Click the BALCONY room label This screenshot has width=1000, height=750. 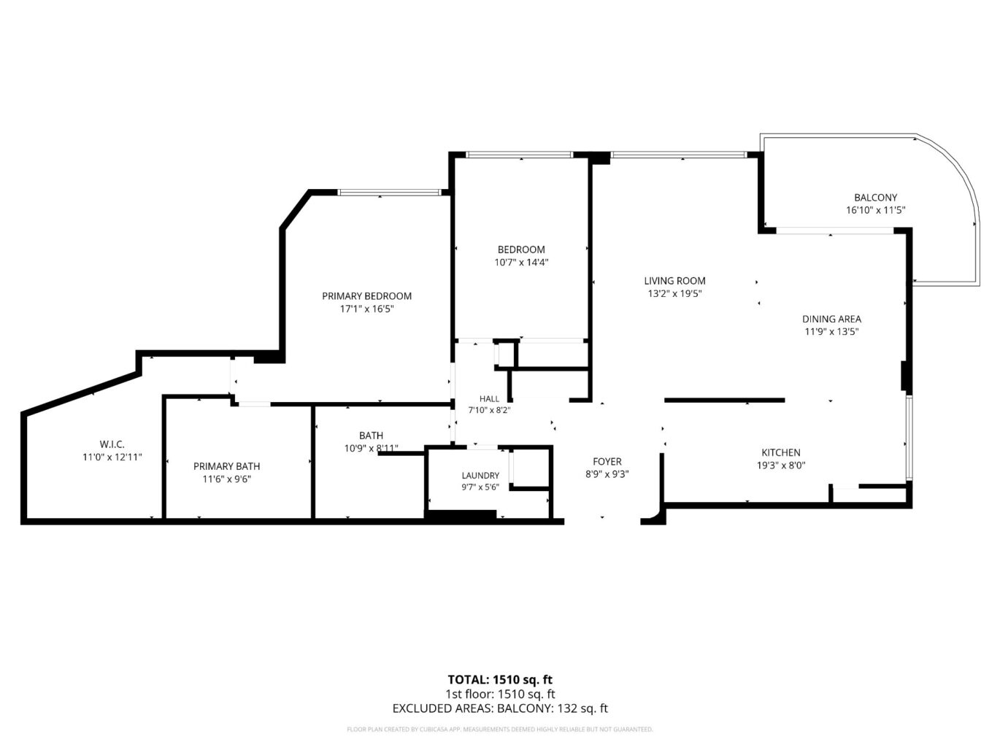(x=875, y=198)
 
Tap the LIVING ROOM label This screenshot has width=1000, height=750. (x=674, y=281)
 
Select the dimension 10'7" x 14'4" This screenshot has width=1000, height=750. (x=521, y=263)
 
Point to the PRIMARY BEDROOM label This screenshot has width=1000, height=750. (x=366, y=296)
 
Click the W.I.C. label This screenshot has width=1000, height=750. (x=112, y=444)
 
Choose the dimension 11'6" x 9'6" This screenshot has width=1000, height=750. (x=227, y=479)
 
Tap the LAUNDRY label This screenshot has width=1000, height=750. (x=480, y=476)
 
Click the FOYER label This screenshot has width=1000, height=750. (x=607, y=461)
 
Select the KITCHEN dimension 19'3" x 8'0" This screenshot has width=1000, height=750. (x=781, y=465)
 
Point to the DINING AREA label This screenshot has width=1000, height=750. (x=831, y=319)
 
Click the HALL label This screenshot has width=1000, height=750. (x=489, y=399)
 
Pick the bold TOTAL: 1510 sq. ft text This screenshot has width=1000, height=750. (x=500, y=679)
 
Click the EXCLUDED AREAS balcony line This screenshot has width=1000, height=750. (x=500, y=708)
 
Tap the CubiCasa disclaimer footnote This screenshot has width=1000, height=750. (x=500, y=730)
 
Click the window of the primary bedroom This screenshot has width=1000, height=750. (x=390, y=193)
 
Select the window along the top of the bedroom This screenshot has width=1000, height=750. (x=520, y=155)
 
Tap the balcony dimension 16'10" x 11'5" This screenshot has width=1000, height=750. (x=875, y=210)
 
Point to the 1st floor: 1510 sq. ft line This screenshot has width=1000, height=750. (x=500, y=694)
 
